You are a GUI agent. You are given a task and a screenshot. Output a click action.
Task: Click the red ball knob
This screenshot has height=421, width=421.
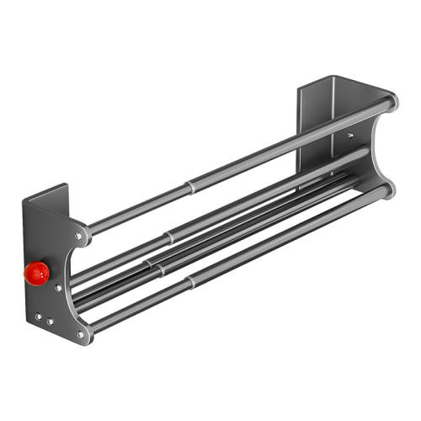37,271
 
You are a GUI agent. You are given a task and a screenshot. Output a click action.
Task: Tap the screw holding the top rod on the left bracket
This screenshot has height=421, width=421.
79,237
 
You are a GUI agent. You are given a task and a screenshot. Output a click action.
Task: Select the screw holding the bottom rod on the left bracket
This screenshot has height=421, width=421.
81,333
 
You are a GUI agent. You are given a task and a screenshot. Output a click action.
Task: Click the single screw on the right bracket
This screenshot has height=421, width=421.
349,134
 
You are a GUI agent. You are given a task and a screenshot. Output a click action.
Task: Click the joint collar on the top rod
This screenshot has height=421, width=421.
189,180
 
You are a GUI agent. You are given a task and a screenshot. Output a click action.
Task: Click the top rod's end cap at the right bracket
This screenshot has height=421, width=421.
391,104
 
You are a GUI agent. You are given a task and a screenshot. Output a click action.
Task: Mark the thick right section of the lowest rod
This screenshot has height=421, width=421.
286,236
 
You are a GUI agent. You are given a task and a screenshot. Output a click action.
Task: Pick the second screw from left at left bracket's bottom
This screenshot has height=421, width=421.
50,321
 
